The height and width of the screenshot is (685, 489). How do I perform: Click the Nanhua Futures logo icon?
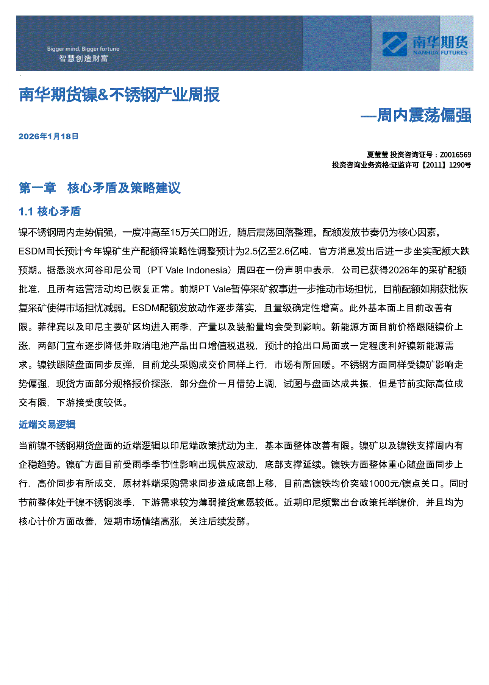pos(394,44)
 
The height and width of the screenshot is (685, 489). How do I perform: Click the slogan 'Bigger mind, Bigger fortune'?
pos(83,49)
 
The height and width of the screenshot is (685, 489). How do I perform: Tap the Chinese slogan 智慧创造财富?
pos(83,59)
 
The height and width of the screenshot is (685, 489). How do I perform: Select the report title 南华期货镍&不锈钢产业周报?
pos(119,95)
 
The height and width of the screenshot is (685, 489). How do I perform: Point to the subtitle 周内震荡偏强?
pos(424,115)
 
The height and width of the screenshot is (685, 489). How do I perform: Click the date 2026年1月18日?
pos(48,137)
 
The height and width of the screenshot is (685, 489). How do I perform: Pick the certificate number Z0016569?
pos(455,155)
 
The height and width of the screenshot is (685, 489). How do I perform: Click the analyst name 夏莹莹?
pos(377,155)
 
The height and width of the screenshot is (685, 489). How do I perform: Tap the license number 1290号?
pos(460,165)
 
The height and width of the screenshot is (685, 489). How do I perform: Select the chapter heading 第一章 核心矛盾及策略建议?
pos(100,188)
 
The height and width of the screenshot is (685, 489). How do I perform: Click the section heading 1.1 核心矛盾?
pos(50,211)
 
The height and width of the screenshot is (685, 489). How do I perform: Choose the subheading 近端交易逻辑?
pos(47,424)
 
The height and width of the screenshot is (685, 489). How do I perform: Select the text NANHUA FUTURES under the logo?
pos(440,53)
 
